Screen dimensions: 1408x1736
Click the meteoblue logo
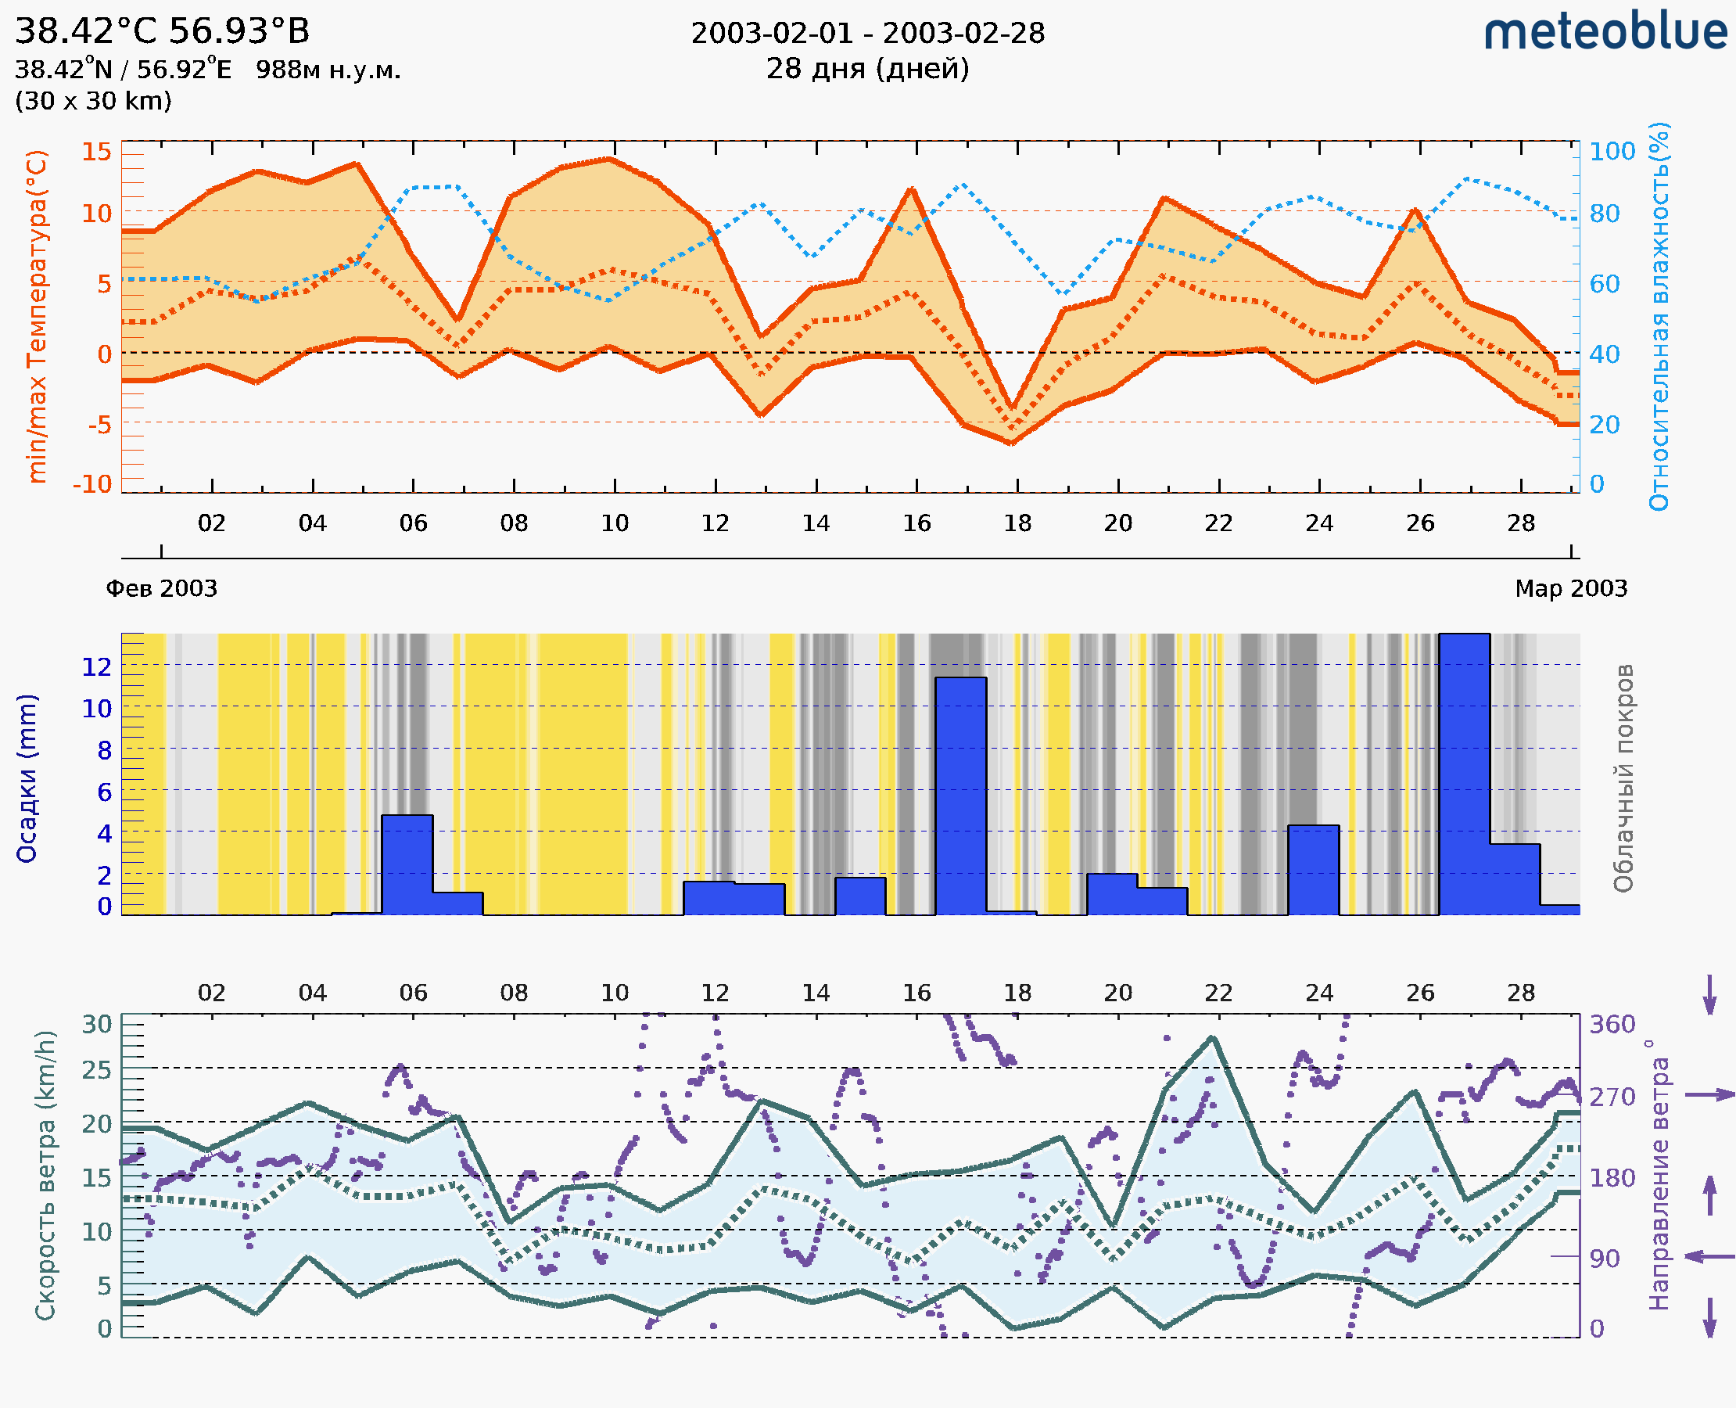click(1605, 32)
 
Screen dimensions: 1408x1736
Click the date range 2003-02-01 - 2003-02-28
click(867, 34)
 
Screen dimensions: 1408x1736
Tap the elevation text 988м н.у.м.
click(328, 70)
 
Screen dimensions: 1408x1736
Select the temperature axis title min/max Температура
click(37, 316)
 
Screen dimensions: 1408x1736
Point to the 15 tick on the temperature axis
click(96, 152)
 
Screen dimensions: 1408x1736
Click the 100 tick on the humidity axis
click(1612, 152)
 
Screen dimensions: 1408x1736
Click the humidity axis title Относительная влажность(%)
click(1659, 316)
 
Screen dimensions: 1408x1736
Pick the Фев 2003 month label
click(161, 588)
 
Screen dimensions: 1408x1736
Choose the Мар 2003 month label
click(1570, 588)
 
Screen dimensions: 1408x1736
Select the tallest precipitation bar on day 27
click(1464, 774)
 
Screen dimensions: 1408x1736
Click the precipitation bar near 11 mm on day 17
click(961, 795)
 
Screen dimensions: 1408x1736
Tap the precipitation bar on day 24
click(1314, 870)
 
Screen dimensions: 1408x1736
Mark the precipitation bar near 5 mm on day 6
click(407, 864)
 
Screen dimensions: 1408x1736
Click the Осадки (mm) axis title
click(27, 778)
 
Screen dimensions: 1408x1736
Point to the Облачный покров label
click(1623, 778)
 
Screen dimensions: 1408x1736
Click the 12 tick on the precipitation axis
click(96, 666)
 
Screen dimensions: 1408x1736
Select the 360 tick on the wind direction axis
click(1612, 1025)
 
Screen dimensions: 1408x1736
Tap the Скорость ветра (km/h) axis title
click(45, 1176)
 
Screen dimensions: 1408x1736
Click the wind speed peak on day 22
click(1212, 1038)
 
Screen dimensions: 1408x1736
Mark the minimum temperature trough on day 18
click(1013, 443)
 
